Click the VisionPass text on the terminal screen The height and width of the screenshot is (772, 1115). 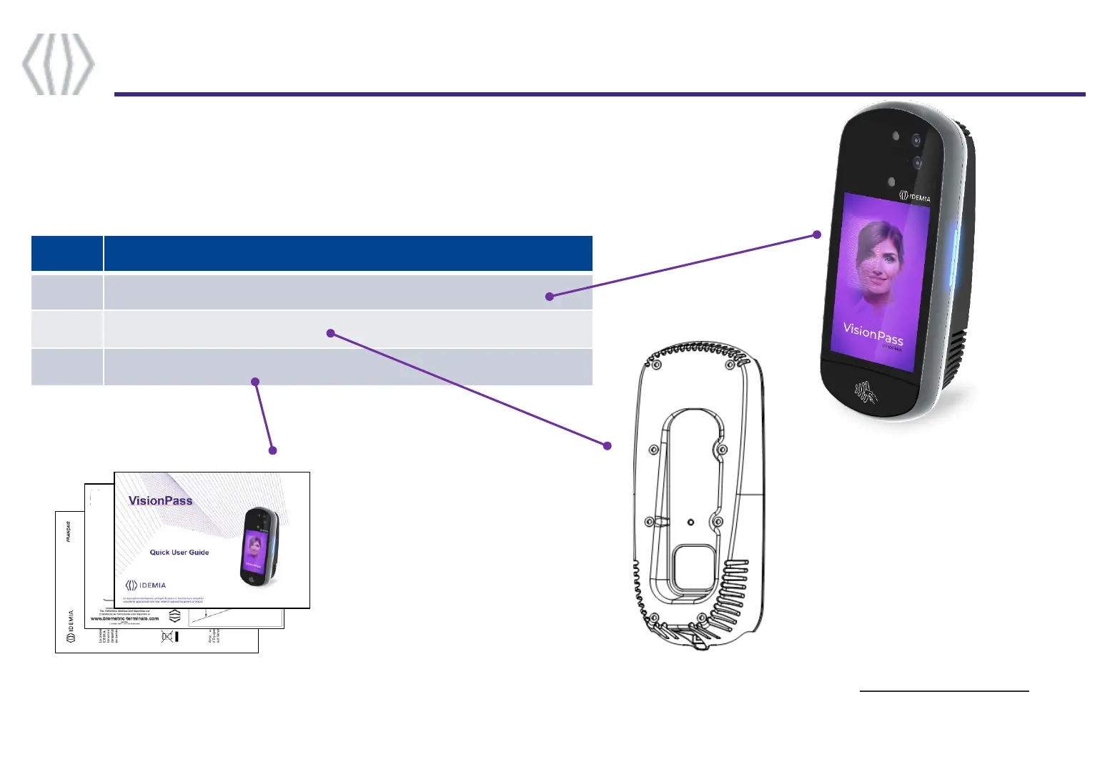(x=873, y=333)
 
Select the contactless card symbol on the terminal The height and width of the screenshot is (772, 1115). (x=866, y=392)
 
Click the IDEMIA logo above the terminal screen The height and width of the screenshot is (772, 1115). (x=914, y=196)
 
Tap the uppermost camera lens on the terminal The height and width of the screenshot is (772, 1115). (x=916, y=140)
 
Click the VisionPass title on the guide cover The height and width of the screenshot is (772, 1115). (x=160, y=500)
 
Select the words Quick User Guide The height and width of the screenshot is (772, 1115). (x=179, y=552)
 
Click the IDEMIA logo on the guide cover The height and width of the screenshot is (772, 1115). (x=145, y=585)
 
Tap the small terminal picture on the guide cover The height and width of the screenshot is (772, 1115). (x=259, y=547)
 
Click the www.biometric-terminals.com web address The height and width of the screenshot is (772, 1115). (x=124, y=618)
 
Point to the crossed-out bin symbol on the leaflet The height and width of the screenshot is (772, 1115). (x=168, y=636)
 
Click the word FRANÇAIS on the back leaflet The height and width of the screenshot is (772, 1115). (x=69, y=532)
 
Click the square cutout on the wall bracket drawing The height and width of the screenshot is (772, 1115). (x=693, y=568)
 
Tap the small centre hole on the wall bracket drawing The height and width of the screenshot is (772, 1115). (x=690, y=522)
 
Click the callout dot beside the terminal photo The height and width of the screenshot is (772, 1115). (x=817, y=234)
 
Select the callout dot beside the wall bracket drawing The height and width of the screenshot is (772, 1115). (x=608, y=445)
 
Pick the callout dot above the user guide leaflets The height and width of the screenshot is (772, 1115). (x=272, y=450)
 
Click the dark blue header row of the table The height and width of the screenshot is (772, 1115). (x=312, y=253)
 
